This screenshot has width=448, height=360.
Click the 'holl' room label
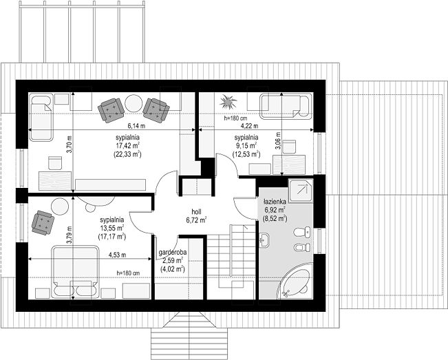point(197,212)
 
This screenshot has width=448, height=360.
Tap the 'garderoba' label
point(173,253)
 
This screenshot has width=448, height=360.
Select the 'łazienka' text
point(275,202)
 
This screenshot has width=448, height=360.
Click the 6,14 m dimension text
point(136,126)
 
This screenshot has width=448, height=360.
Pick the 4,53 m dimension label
point(117,255)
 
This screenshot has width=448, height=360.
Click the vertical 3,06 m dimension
point(278,140)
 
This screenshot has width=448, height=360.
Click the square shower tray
point(301,191)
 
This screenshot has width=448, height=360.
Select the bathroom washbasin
point(264,239)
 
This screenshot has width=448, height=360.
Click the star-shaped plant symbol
point(228,101)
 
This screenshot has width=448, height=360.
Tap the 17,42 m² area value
point(128,145)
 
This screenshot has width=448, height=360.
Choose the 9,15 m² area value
point(246,145)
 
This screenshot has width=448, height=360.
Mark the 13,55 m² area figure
point(112,228)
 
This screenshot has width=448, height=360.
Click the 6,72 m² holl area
point(197,220)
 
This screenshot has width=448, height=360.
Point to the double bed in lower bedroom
point(75,272)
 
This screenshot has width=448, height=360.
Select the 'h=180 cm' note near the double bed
point(128,273)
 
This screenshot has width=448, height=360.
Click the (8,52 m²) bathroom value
point(275,219)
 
